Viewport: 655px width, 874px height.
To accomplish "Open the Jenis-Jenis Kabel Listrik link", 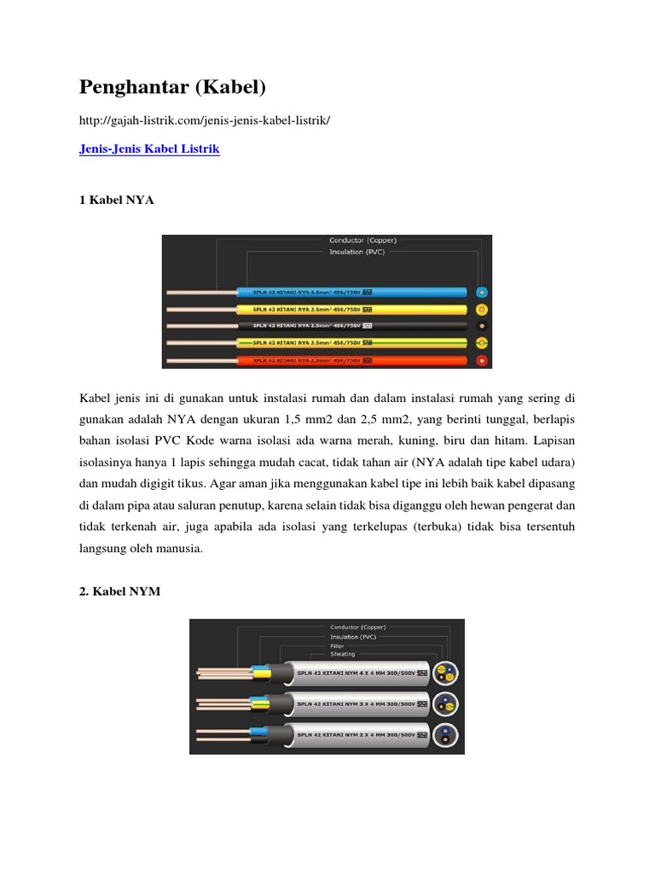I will click(x=149, y=149).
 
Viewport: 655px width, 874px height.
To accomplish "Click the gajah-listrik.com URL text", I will click(x=205, y=120).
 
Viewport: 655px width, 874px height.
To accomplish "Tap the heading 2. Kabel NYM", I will click(x=119, y=591).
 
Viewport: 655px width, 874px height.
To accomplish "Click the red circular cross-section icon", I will click(x=482, y=361).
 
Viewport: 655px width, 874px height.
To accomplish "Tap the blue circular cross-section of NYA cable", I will click(x=482, y=292).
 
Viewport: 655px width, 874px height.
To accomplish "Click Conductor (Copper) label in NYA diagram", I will click(x=362, y=241).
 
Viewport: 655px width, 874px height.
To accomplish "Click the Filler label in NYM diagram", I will click(x=338, y=646).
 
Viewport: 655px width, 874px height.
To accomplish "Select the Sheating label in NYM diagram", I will click(x=343, y=655).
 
